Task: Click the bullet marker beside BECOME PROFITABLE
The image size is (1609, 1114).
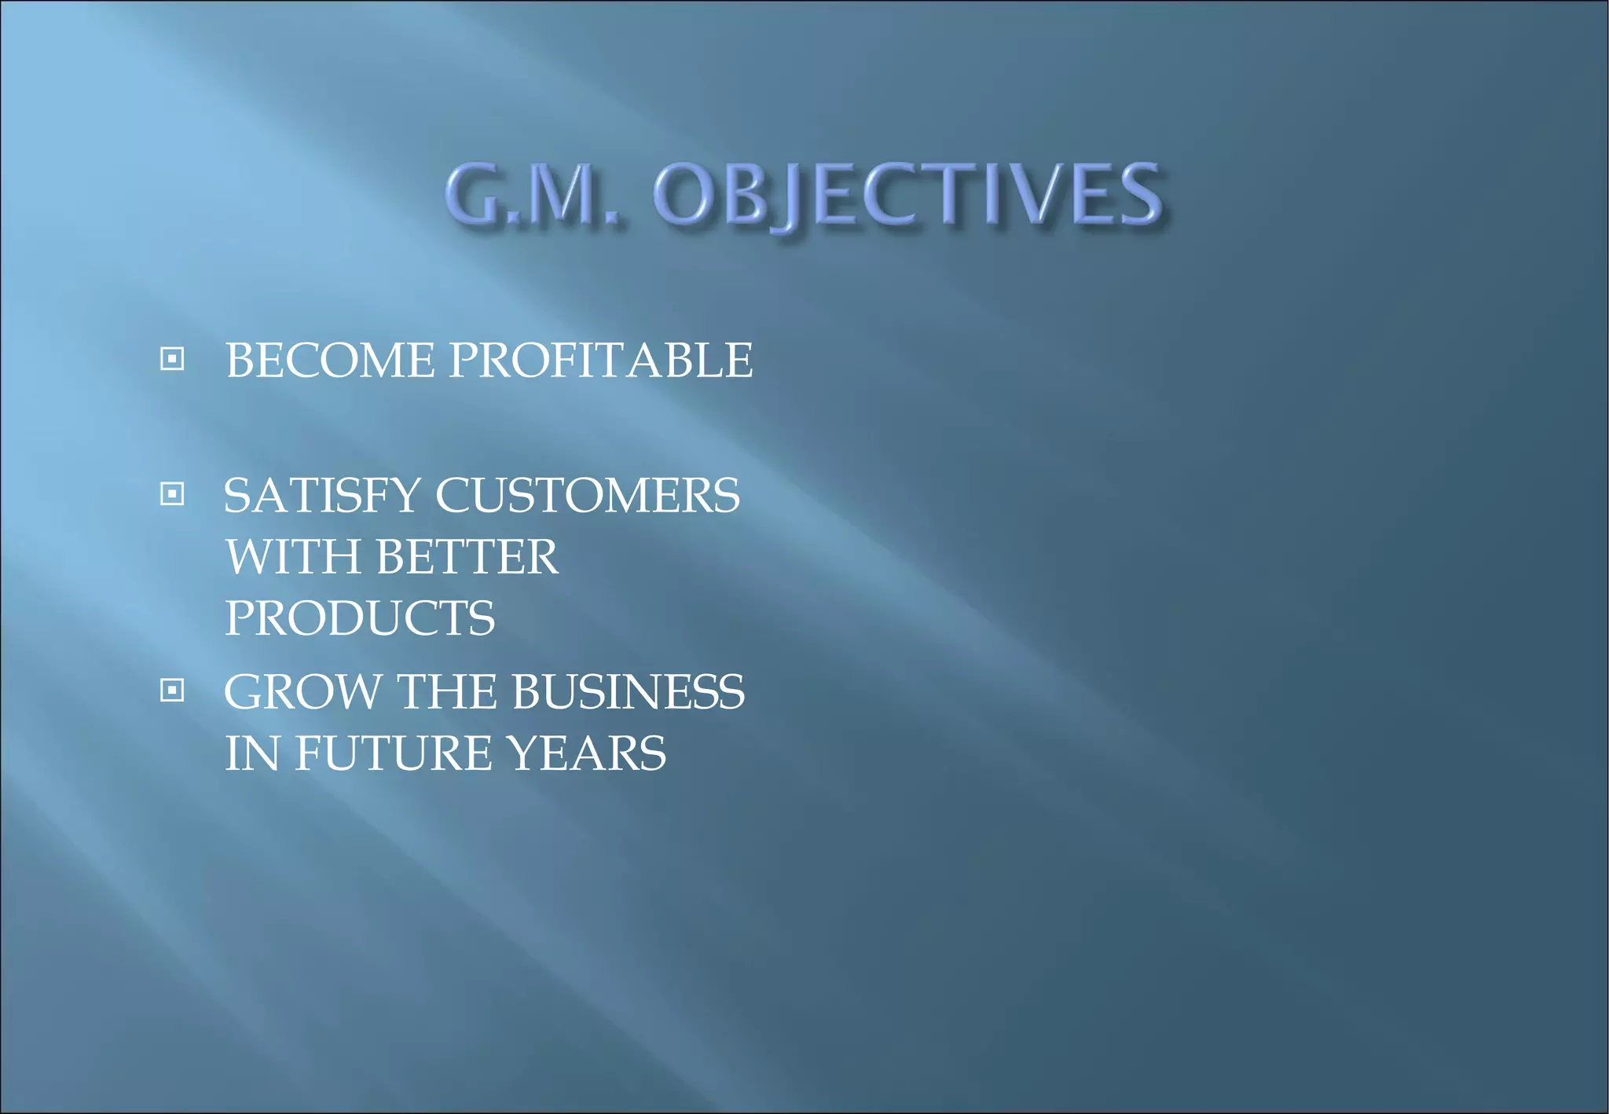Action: pyautogui.click(x=172, y=359)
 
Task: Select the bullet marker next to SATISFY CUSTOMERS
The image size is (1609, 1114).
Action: pyautogui.click(x=172, y=494)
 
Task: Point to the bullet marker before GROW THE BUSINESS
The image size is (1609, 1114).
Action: pyautogui.click(x=172, y=691)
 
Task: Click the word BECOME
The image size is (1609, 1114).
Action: pyautogui.click(x=329, y=361)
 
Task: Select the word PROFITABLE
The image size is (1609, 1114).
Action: pyautogui.click(x=600, y=361)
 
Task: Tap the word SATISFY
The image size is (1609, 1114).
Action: pyautogui.click(x=322, y=496)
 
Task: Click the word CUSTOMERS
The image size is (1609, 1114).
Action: pyautogui.click(x=587, y=496)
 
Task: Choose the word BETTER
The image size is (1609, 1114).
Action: pyautogui.click(x=467, y=557)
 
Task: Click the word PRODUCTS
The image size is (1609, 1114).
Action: pyautogui.click(x=360, y=618)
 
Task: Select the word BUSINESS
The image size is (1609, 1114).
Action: pyautogui.click(x=628, y=692)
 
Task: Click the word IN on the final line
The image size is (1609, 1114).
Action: pyautogui.click(x=251, y=753)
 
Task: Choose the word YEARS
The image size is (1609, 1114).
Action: pyautogui.click(x=586, y=753)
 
